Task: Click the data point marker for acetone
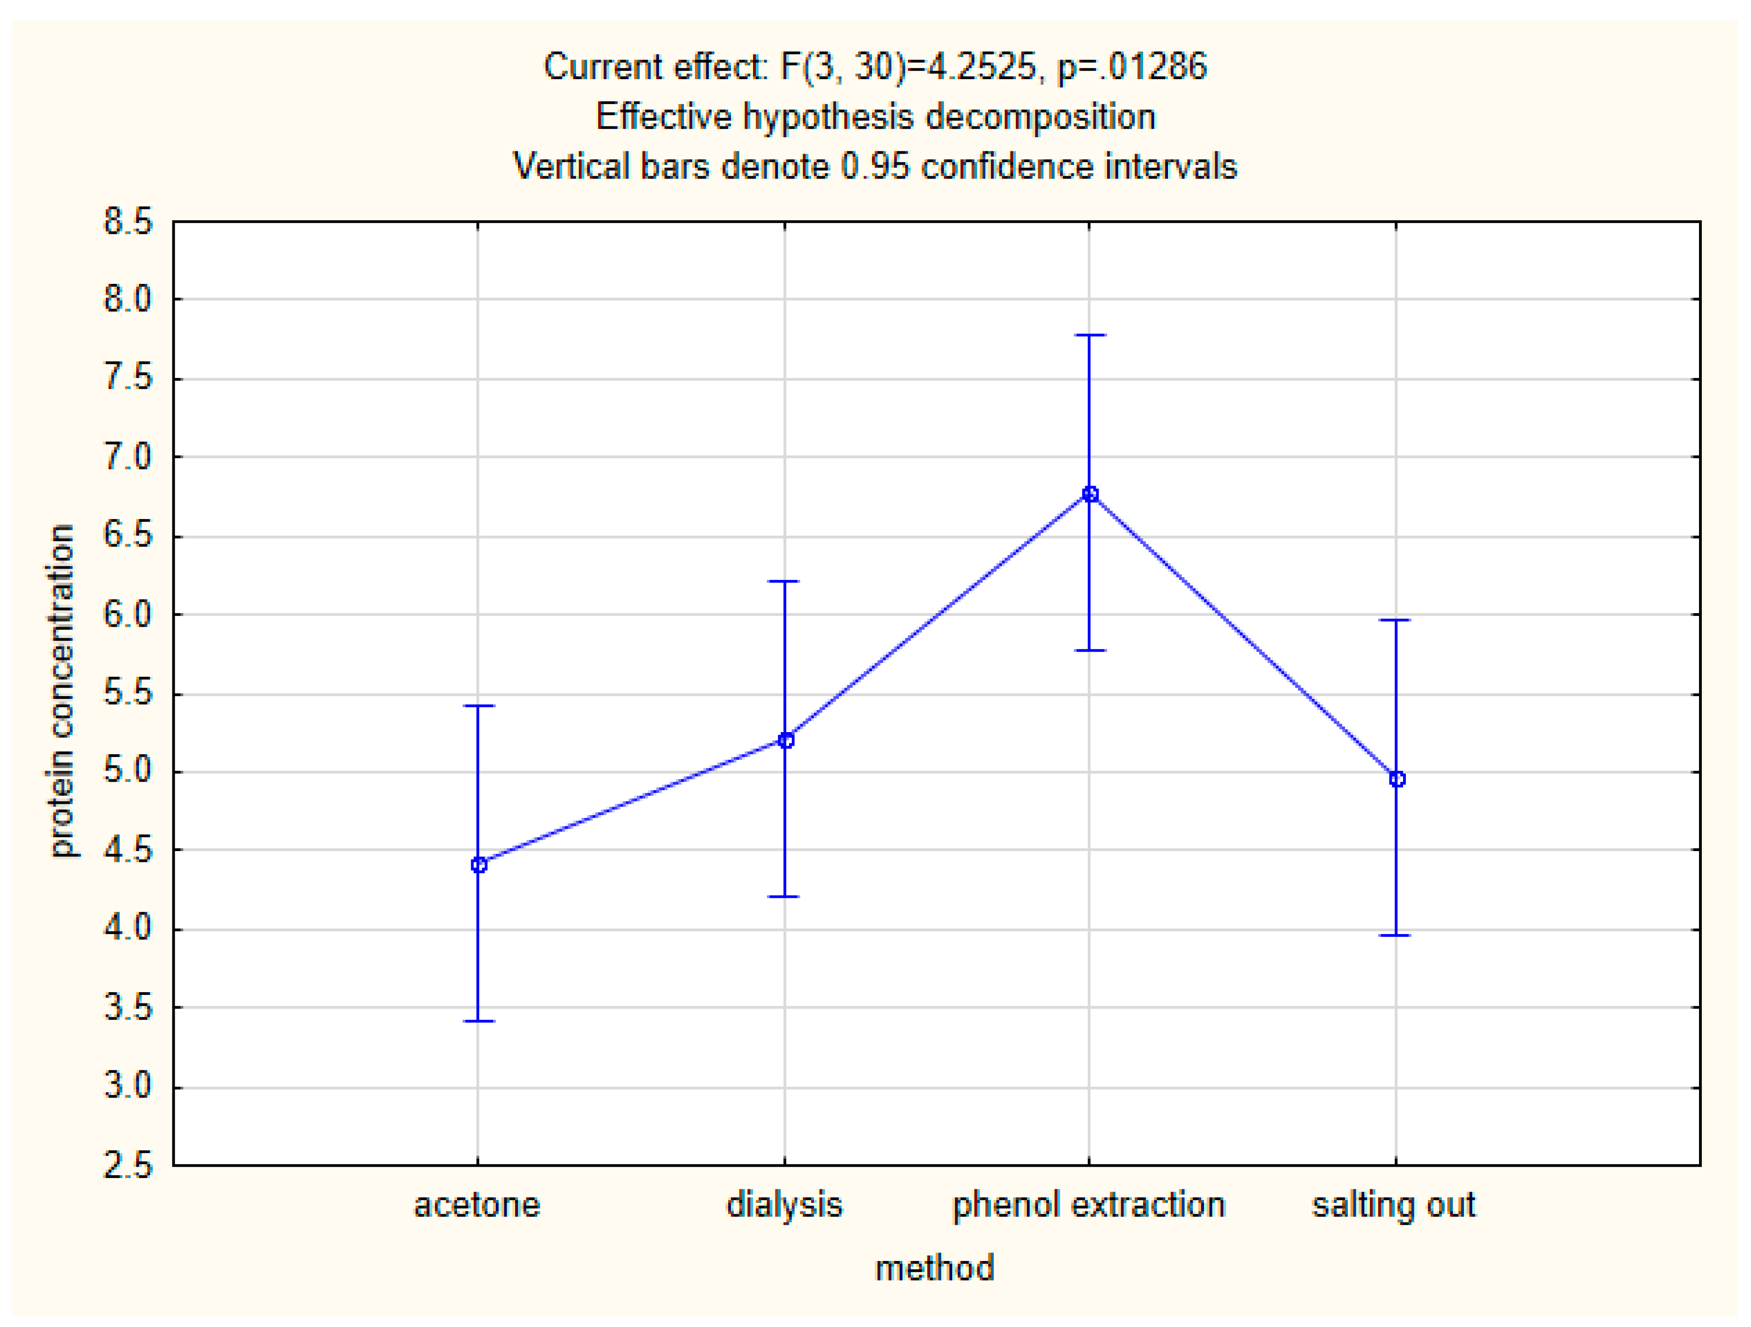pyautogui.click(x=478, y=865)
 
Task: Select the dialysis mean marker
pyautogui.click(x=785, y=740)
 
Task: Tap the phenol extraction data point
pyautogui.click(x=1090, y=494)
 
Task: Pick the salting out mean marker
pyautogui.click(x=1397, y=779)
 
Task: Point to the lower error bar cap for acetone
pyautogui.click(x=478, y=1022)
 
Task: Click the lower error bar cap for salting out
pyautogui.click(x=1396, y=936)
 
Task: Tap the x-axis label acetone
pyautogui.click(x=477, y=1205)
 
